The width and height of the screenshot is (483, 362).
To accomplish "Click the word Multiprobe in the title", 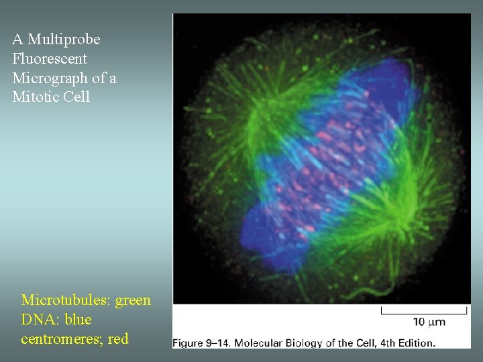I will click(x=64, y=40).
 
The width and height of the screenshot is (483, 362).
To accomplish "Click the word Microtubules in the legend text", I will click(x=66, y=300).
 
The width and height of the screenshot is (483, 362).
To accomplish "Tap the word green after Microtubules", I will click(x=133, y=300).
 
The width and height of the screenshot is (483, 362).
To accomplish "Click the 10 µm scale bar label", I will click(x=429, y=322).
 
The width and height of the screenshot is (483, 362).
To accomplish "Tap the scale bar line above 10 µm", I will click(x=424, y=310).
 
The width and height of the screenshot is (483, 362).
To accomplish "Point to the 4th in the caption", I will click(x=388, y=343).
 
